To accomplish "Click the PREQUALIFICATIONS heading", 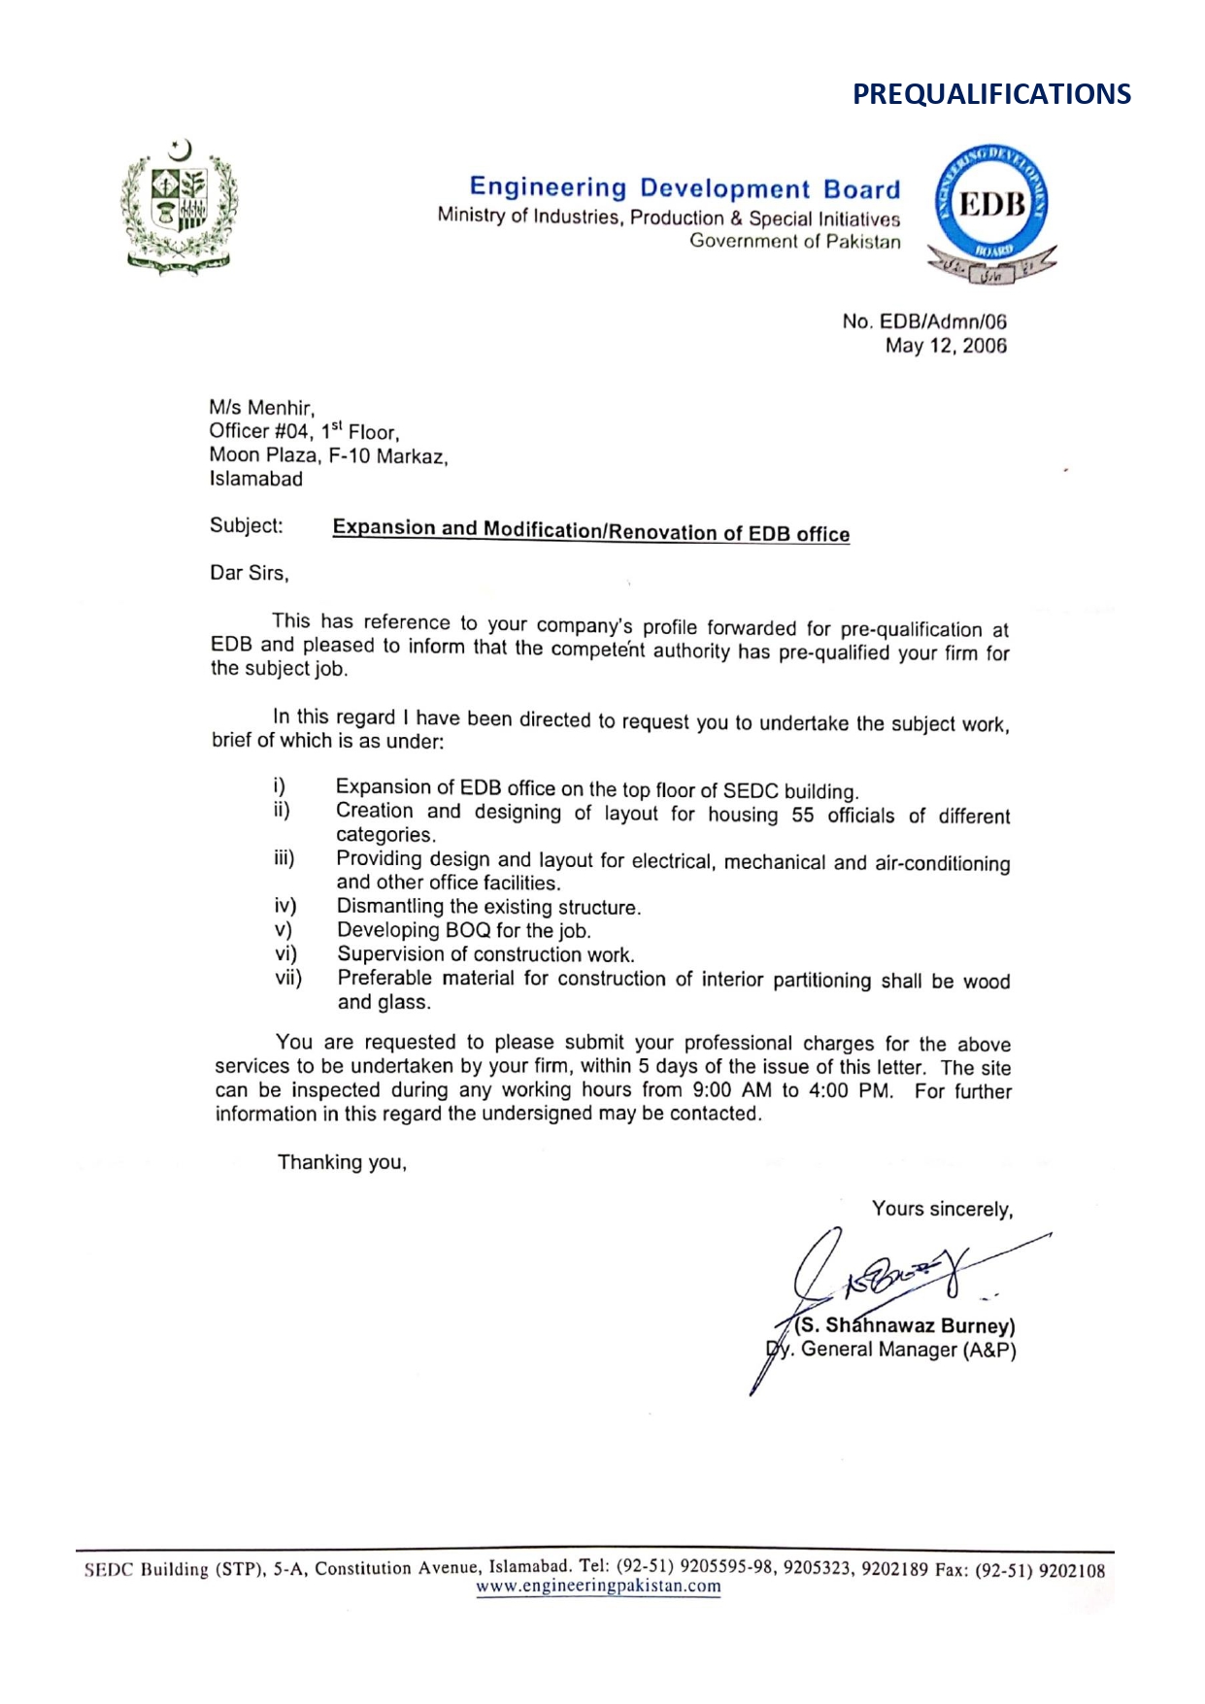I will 991,94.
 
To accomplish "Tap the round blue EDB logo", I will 991,207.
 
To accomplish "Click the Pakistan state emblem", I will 180,207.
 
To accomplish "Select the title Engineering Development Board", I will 685,187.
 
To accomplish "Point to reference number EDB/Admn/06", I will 943,321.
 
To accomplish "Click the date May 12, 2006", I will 945,346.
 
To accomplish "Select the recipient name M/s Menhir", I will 262,408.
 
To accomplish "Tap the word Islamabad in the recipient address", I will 256,479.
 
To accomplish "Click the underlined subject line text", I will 590,530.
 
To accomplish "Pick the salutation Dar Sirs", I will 250,573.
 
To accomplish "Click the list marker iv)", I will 285,906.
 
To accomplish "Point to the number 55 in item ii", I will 802,816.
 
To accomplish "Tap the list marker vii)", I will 287,978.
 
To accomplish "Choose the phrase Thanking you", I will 342,1162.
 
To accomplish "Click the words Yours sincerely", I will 942,1209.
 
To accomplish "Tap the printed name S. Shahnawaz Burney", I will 905,1326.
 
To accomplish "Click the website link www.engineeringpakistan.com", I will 598,1586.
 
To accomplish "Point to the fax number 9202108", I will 1071,1570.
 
